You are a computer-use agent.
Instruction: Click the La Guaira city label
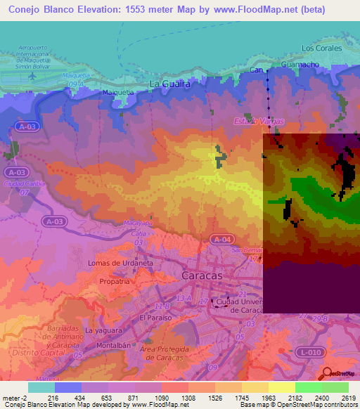click(170, 84)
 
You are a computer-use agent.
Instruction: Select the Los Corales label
click(321, 48)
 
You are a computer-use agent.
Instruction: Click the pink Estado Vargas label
click(258, 122)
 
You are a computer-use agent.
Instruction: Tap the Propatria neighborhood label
click(114, 280)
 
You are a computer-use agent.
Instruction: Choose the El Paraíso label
click(154, 318)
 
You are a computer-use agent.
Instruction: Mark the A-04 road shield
click(221, 240)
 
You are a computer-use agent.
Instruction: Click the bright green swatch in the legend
click(308, 387)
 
